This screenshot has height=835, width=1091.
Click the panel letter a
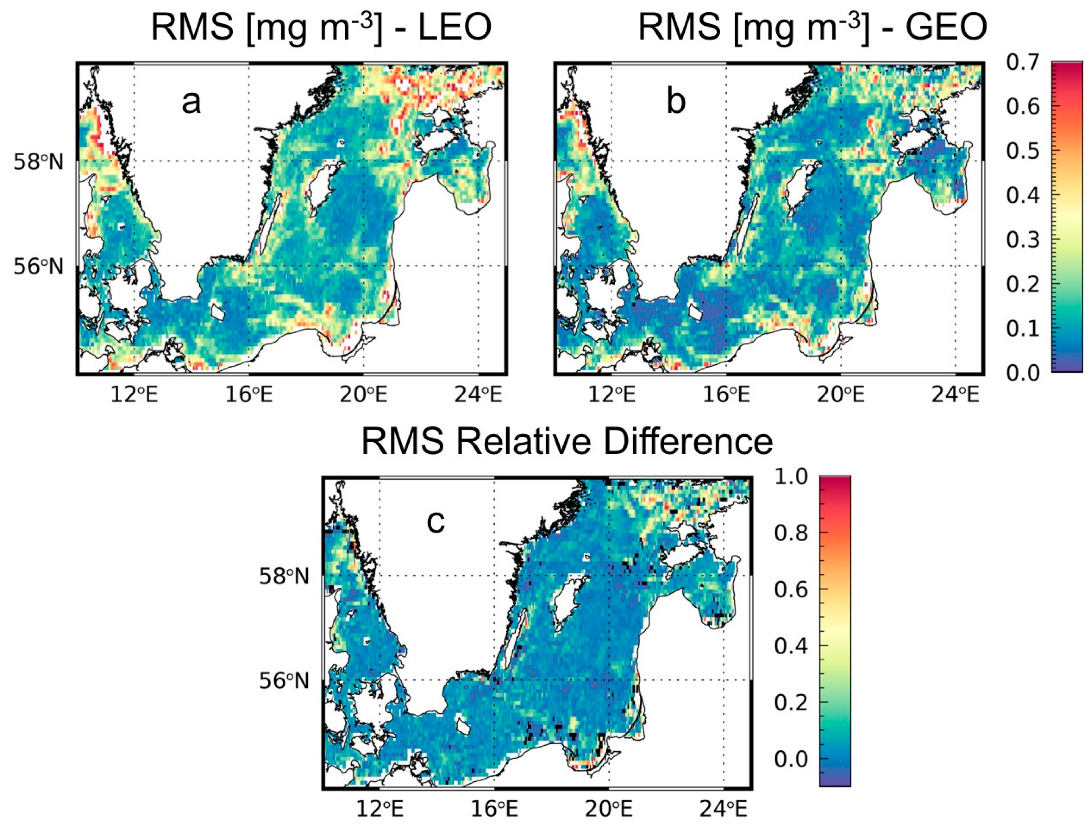[191, 103]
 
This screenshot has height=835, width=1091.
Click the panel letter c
[436, 522]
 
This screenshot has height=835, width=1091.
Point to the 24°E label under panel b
[956, 396]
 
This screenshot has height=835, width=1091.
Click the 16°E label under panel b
[726, 396]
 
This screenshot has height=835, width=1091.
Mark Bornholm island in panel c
[463, 727]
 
